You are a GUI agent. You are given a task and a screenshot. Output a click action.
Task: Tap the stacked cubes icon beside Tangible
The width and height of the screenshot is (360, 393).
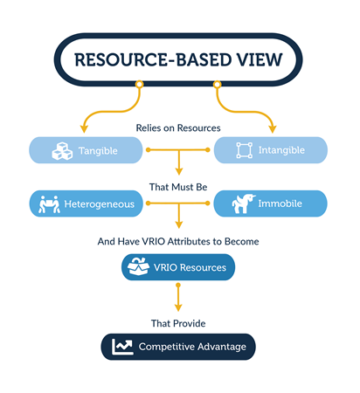(62, 151)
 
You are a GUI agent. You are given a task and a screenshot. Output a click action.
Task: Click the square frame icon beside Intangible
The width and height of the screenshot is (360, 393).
(245, 150)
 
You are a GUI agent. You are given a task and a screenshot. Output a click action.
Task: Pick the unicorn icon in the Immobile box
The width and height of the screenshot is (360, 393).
(244, 203)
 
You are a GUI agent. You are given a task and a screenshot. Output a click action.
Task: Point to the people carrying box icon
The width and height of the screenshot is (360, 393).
(49, 204)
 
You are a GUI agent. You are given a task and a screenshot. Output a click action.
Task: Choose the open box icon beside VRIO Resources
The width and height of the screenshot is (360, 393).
(138, 266)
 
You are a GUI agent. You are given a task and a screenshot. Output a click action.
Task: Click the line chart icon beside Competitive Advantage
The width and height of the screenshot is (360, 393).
(122, 347)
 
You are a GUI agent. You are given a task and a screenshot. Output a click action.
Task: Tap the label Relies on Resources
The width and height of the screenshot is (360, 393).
(178, 128)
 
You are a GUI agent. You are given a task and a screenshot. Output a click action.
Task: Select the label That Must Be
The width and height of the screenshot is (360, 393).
(178, 187)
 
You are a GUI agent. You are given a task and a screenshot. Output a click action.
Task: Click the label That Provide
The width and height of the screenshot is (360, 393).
(178, 323)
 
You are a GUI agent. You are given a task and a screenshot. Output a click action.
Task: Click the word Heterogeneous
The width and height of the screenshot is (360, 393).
(100, 204)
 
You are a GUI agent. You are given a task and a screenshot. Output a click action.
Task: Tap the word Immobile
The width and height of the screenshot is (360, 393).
(280, 203)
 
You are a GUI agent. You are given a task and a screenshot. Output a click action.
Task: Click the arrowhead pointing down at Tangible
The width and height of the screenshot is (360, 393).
(84, 129)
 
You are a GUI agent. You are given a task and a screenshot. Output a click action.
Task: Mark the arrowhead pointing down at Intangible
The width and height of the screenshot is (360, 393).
(273, 129)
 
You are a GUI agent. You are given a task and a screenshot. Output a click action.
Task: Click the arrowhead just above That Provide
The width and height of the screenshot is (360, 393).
(178, 307)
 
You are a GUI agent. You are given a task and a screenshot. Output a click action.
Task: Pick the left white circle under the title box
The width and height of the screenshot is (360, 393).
(140, 85)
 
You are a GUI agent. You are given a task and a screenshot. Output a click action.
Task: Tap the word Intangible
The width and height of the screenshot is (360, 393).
(281, 150)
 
